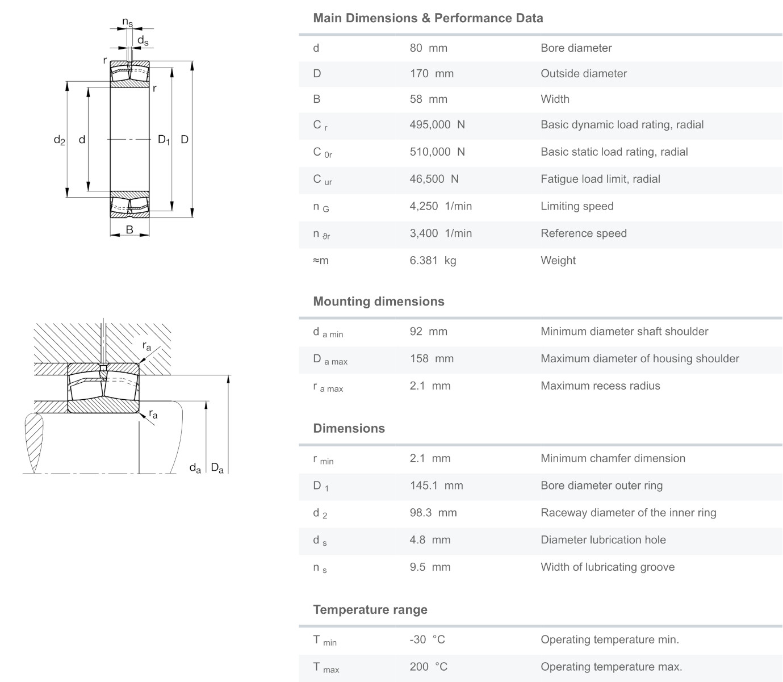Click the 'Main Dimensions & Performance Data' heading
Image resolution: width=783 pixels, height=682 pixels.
coord(428,18)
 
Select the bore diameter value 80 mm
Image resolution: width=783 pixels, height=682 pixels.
coord(428,48)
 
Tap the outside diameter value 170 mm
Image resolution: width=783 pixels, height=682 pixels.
coord(432,74)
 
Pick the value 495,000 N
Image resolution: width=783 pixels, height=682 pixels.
coord(437,125)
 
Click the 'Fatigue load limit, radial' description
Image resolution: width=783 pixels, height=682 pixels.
coord(600,179)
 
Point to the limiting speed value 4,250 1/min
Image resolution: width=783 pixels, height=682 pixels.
coord(441,206)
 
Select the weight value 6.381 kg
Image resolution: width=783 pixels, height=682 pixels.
coord(433,261)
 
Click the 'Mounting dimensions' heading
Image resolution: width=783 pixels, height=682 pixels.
coord(379,302)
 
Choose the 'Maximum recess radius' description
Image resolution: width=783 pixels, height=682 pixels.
coord(600,386)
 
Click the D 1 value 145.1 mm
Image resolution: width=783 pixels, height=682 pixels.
coord(436,486)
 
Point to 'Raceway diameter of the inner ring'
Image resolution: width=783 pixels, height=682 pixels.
coord(628,513)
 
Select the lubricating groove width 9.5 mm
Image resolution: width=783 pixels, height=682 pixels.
coord(430,567)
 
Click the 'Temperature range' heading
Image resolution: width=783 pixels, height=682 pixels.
coord(370,610)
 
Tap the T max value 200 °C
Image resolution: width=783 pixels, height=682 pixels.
coord(428,667)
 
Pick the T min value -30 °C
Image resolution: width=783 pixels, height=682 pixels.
coord(427,640)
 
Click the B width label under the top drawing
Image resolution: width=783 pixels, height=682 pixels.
coord(129,230)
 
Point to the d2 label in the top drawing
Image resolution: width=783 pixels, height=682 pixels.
coord(59,140)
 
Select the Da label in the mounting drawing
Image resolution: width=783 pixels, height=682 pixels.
coord(217,468)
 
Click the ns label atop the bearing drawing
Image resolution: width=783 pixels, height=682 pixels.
coord(128,23)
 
